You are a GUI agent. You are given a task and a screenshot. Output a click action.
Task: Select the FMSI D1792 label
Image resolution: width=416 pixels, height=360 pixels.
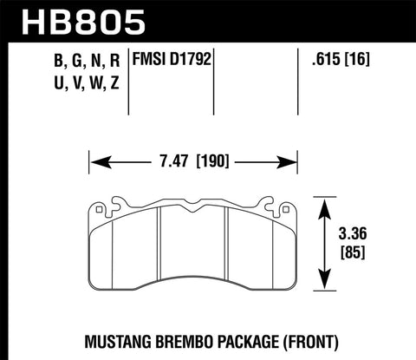(172, 62)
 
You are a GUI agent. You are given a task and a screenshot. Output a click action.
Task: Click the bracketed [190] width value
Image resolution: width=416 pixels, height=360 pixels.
(211, 160)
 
